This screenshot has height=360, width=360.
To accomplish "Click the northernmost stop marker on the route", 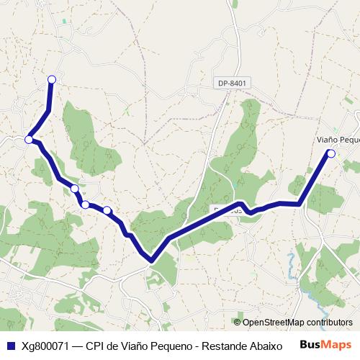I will coord(51,79).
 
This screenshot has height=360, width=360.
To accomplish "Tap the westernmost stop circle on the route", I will coord(29,140).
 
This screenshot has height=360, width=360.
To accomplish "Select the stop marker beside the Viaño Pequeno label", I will coord(331,153).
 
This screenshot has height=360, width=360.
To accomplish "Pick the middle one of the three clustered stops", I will coord(86,205).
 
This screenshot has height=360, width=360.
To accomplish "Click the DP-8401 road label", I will coord(232,84).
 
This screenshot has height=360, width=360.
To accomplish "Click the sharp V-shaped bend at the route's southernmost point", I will coord(151,260).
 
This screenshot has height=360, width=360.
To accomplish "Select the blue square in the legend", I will coord(11,345).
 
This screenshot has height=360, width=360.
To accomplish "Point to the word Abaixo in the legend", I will coord(266,345).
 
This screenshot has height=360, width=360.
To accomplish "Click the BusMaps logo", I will coord(324,344).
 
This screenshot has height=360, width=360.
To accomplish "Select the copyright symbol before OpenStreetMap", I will coord(237,323).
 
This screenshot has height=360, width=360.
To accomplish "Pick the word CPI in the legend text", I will coord(95,345).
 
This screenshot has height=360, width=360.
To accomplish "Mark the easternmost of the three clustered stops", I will coord(107,210).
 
